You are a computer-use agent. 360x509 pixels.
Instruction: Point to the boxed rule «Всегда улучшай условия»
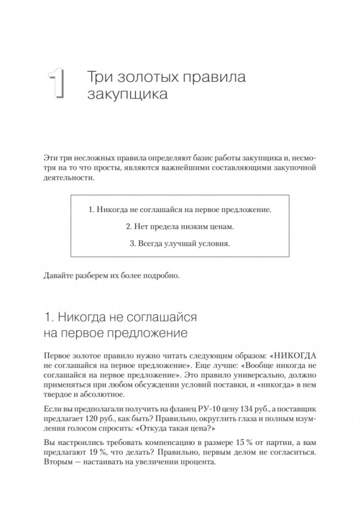point(179,243)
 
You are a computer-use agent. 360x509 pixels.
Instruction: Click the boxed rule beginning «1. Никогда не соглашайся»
point(179,209)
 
